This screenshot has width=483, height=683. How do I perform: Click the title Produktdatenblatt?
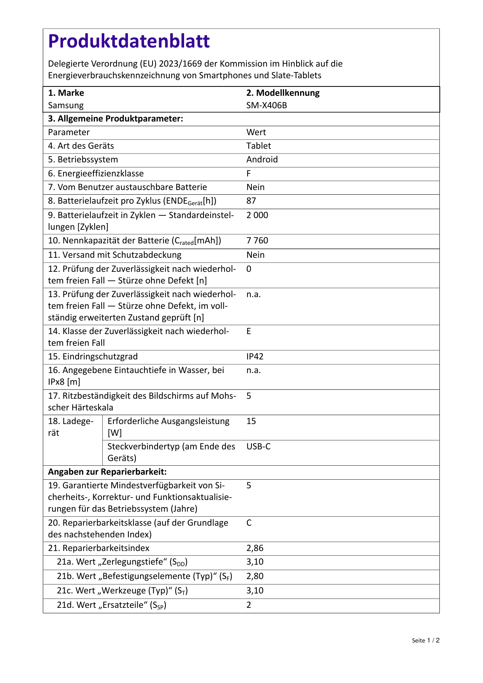129,41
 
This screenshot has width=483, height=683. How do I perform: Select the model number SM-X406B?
267,106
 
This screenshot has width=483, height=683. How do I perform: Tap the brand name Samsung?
66,106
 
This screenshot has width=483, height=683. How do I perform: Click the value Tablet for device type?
258,146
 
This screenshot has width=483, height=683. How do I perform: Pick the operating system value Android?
262,160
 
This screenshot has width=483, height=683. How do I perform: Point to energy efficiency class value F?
249,174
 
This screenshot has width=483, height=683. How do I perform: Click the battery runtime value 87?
251,201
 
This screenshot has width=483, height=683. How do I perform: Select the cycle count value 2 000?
257,215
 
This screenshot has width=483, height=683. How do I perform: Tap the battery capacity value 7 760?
257,241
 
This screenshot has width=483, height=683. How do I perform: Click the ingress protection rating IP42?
255,357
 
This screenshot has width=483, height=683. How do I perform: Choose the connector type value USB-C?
258,447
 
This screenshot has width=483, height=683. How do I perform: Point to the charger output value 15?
251,421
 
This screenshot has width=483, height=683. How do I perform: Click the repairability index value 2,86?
255,548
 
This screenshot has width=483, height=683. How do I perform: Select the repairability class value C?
249,523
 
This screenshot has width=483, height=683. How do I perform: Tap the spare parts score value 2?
249,605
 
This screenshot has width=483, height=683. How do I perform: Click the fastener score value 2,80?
255,576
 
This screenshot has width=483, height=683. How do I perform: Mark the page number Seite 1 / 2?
425,641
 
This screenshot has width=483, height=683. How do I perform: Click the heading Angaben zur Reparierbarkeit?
107,472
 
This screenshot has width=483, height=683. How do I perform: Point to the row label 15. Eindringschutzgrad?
93,357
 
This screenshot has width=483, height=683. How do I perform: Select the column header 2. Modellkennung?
283,93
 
